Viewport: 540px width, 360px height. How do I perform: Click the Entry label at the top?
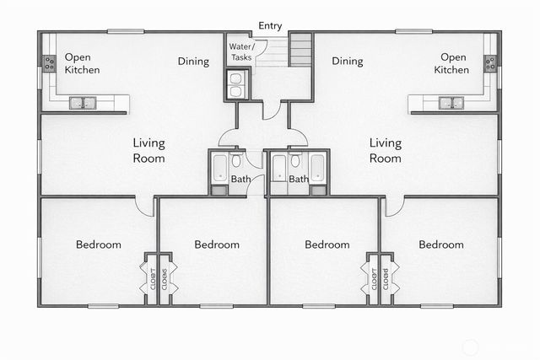(x=270, y=26)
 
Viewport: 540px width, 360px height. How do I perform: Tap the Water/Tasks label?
(x=241, y=51)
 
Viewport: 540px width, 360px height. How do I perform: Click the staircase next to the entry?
(x=300, y=51)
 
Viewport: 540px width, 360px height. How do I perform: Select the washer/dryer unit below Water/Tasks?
(x=235, y=84)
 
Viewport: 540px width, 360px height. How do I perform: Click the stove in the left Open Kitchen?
(x=47, y=62)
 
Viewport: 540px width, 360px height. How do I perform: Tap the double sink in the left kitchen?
(x=83, y=104)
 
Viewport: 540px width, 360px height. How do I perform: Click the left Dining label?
(x=193, y=61)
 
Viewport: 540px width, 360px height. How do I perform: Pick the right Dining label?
(x=347, y=61)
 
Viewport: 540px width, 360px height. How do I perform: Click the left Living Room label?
(x=148, y=150)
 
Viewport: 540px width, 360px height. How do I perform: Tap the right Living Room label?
(x=386, y=150)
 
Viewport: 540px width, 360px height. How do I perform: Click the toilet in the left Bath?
(x=238, y=162)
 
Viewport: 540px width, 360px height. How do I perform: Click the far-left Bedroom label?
(x=99, y=244)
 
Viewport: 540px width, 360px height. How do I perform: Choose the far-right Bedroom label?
(x=441, y=244)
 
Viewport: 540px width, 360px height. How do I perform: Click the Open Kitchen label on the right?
(x=451, y=63)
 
